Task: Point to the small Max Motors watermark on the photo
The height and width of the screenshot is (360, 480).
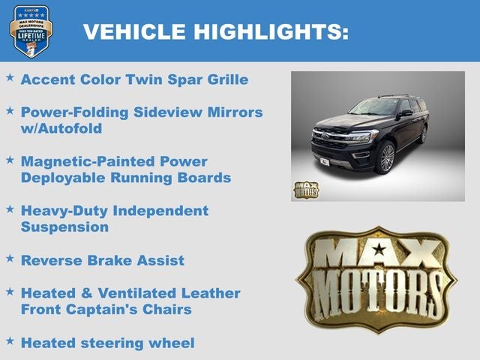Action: pos(305,190)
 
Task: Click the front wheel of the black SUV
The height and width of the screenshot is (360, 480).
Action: pos(387,158)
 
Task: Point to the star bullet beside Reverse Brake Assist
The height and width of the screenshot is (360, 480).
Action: pos(10,258)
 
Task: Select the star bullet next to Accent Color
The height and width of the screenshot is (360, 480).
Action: pos(10,77)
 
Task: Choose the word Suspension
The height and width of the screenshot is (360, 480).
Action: pos(64,226)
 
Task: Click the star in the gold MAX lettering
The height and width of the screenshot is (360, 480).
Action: pos(379,249)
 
